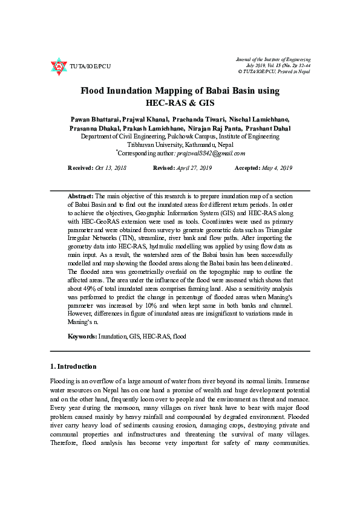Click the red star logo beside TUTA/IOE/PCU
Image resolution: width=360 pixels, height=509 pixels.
pos(59,66)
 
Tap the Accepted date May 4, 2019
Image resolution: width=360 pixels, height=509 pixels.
pos(278,167)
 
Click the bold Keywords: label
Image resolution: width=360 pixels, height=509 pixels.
pos(82,336)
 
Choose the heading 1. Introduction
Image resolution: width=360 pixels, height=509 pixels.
pos(73,366)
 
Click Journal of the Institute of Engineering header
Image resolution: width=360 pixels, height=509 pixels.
pos(273,60)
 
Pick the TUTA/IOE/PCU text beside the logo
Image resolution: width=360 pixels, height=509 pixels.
pos(90,66)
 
